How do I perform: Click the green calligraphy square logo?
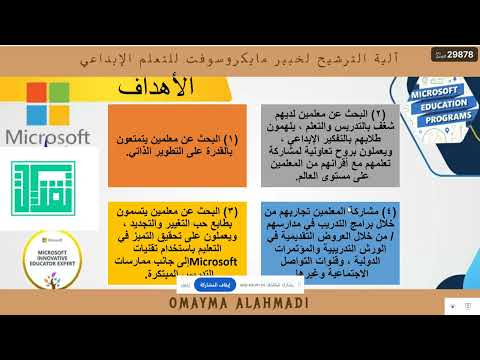tap(46, 182)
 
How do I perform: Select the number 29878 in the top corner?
tap(457, 54)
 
